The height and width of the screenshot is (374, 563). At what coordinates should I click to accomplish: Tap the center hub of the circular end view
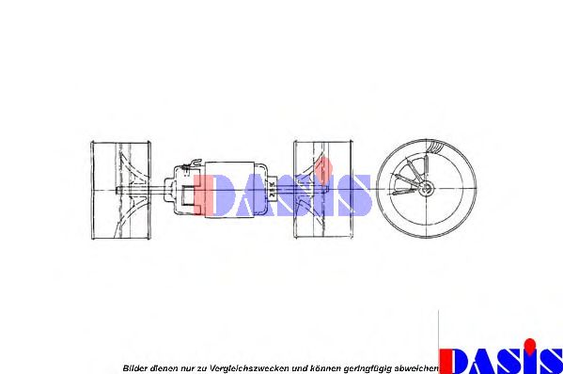428,189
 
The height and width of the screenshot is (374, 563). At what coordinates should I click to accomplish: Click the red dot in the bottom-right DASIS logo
531,342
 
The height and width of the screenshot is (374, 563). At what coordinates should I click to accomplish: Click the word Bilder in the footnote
135,367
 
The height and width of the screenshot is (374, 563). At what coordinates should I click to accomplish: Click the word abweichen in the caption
414,367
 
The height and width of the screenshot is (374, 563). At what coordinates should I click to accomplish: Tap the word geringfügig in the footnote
364,367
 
